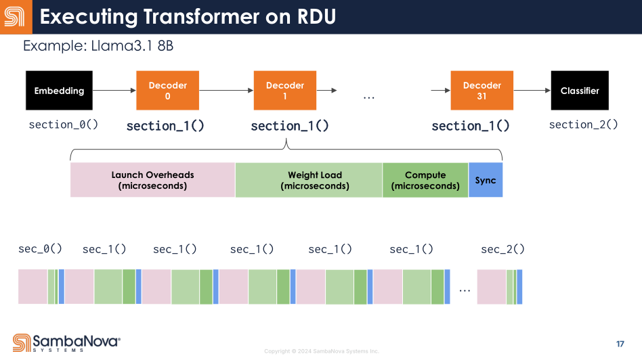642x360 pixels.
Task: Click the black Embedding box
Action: (59, 91)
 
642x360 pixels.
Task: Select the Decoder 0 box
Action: (167, 91)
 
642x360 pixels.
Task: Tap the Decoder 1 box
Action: (285, 91)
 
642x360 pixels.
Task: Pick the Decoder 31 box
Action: (482, 91)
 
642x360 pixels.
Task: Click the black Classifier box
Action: (580, 91)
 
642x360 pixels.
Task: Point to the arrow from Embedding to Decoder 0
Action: (114, 91)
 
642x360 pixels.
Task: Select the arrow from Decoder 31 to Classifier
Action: (532, 91)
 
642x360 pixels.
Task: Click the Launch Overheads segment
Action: (153, 180)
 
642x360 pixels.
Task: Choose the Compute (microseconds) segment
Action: (425, 180)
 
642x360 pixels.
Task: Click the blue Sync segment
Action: (486, 180)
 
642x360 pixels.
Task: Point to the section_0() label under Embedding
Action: (64, 125)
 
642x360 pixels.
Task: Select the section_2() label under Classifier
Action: (584, 125)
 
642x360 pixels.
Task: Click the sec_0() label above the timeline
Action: (40, 249)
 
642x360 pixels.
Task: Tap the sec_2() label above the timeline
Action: (502, 249)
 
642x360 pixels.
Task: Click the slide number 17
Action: (620, 344)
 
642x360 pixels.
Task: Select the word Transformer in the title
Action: (201, 17)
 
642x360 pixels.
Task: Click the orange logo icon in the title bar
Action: (15, 17)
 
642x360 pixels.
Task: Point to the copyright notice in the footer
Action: (322, 351)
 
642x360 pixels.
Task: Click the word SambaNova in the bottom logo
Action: (77, 341)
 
